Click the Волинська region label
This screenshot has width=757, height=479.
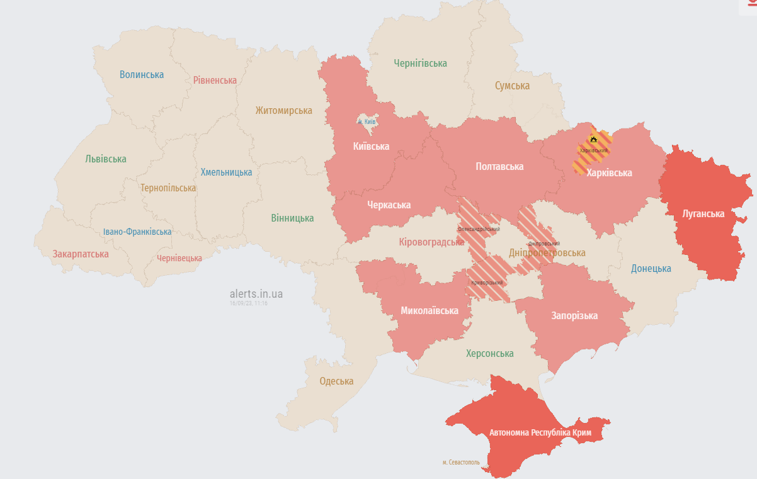click(x=142, y=75)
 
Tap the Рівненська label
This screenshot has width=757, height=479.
click(x=215, y=81)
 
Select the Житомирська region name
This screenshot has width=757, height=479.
click(x=283, y=111)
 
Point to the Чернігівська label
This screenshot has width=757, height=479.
click(x=420, y=64)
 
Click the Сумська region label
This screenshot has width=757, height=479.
click(x=512, y=86)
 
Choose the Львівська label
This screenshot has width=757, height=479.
click(x=106, y=159)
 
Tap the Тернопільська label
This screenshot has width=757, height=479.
click(x=168, y=188)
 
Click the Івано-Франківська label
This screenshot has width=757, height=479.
click(x=137, y=232)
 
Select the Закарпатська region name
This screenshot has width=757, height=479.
click(x=81, y=254)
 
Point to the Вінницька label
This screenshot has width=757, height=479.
click(x=292, y=218)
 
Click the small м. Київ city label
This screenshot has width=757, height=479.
click(x=367, y=122)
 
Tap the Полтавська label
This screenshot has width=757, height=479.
click(x=499, y=167)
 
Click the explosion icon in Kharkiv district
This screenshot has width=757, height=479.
click(x=593, y=138)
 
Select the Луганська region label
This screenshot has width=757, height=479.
click(x=703, y=214)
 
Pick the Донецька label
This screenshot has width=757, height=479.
click(x=651, y=269)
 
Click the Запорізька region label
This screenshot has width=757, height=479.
click(x=574, y=316)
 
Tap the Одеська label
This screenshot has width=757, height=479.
click(x=336, y=381)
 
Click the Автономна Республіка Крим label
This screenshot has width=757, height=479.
click(x=540, y=433)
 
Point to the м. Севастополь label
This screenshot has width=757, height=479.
click(x=461, y=463)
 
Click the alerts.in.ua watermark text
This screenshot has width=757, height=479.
click(x=256, y=294)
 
